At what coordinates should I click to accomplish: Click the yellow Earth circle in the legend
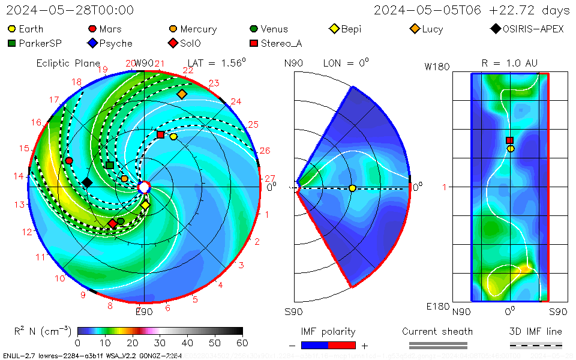point(11,29)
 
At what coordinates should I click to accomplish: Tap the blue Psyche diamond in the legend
point(92,43)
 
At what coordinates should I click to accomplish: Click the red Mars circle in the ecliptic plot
point(69,161)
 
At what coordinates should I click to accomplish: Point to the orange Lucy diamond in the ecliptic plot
point(182,94)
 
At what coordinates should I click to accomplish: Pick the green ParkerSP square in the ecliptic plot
point(109,165)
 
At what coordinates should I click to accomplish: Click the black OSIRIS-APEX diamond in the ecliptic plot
point(87,182)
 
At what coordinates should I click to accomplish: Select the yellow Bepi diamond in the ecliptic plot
point(145,205)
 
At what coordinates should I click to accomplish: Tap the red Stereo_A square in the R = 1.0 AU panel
point(510,140)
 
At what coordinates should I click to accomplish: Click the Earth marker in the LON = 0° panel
point(352,188)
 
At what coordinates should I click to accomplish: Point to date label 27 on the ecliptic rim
point(269,178)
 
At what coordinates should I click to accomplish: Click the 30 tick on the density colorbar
point(160,343)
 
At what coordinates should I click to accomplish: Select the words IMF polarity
point(328,331)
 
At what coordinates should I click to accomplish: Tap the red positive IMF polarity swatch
point(342,345)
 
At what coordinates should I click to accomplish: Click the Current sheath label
point(437,331)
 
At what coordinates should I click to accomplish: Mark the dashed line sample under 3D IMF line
point(536,345)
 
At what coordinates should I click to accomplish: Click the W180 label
point(437,67)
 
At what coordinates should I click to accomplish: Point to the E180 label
point(437,307)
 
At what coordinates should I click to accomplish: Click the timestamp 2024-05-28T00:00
point(70,10)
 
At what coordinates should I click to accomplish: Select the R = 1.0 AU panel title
point(509,63)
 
